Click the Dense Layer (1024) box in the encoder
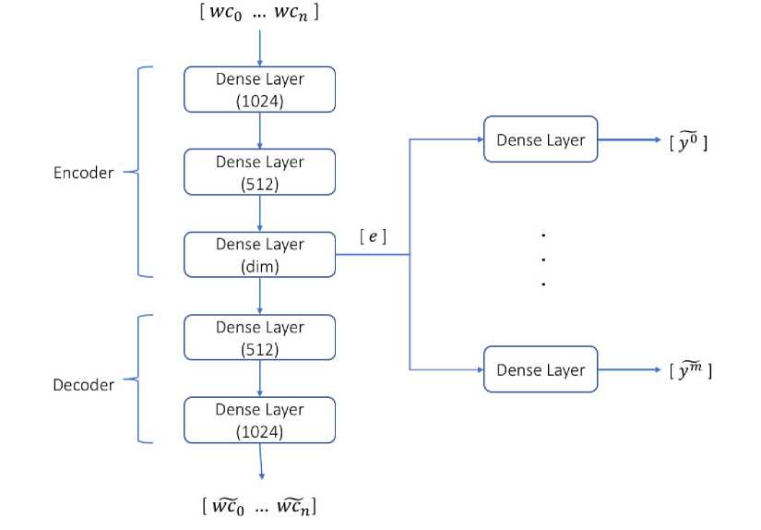click(x=259, y=90)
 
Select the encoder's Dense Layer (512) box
click(x=259, y=173)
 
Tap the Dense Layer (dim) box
click(x=259, y=255)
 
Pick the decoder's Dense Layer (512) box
click(x=259, y=338)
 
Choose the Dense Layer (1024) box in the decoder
click(x=259, y=419)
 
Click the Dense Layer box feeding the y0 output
click(x=541, y=139)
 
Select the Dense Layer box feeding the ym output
click(x=541, y=369)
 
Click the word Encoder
click(x=83, y=173)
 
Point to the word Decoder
click(x=83, y=384)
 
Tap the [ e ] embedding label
click(x=373, y=237)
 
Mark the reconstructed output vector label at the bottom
click(x=262, y=506)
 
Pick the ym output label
click(x=689, y=370)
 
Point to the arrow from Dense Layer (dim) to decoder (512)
click(x=259, y=295)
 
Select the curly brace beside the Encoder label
click(x=138, y=172)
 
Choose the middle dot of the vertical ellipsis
click(x=543, y=259)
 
